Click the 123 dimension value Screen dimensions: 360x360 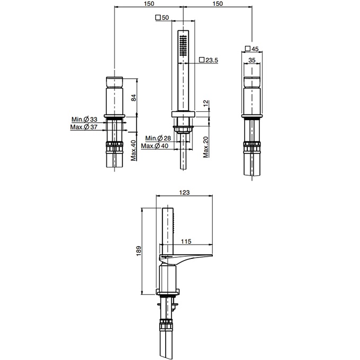click(x=184, y=192)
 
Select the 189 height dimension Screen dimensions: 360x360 click(x=139, y=251)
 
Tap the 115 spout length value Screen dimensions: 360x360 click(x=186, y=241)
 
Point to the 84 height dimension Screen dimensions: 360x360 click(x=133, y=97)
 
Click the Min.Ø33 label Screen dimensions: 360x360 click(x=84, y=120)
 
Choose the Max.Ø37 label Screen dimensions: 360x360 click(x=84, y=127)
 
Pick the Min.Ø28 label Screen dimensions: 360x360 click(x=158, y=138)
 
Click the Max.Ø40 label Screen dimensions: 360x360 click(x=155, y=146)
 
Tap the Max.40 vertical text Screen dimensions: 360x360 click(x=133, y=150)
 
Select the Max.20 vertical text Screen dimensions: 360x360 click(x=206, y=147)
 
